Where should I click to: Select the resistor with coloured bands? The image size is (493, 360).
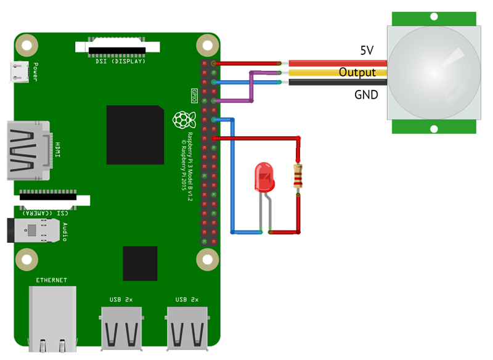pyautogui.click(x=298, y=177)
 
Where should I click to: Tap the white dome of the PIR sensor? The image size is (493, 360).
pyautogui.click(x=434, y=72)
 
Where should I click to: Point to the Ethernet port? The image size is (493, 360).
pyautogui.click(x=52, y=317)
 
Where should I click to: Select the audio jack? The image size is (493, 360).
pyautogui.click(x=34, y=231)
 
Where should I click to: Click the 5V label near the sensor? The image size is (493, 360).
pyautogui.click(x=367, y=51)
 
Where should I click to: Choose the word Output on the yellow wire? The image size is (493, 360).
pyautogui.click(x=357, y=73)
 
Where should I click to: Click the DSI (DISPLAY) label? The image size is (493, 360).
pyautogui.click(x=120, y=61)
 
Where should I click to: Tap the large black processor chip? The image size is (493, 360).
pyautogui.click(x=135, y=134)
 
